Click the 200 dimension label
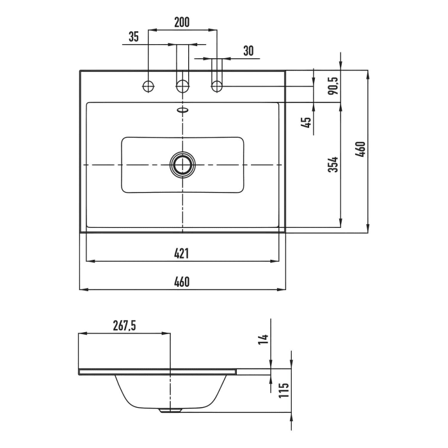coord(182,22)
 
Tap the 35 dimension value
coord(133,37)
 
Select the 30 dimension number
coord(248,51)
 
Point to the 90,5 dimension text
coord(333,86)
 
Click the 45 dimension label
coord(306,123)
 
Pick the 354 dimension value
coord(333,164)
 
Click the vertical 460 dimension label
coord(360,149)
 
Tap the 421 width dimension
coord(181,253)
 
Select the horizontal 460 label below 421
coord(181,282)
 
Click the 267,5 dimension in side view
coord(124,326)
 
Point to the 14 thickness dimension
coord(264,339)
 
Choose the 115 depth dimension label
coord(284,390)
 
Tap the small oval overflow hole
coord(182,109)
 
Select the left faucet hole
coord(148,86)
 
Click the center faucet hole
coord(182,86)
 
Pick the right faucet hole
coord(217,86)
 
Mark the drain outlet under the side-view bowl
coord(170,410)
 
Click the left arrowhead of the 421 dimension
coord(90,261)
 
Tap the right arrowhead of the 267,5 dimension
coord(166,333)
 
